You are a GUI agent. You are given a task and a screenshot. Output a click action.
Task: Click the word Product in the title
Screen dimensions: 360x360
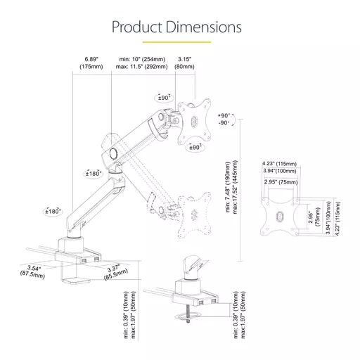tap(137, 27)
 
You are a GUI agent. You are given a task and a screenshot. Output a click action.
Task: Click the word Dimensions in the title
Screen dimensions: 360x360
tap(204, 27)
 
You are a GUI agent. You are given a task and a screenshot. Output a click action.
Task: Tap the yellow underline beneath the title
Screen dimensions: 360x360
tap(176, 42)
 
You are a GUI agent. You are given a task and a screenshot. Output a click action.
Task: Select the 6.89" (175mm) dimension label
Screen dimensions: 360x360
tap(91, 63)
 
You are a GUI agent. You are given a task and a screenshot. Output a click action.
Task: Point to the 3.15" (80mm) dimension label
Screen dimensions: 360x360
tap(184, 63)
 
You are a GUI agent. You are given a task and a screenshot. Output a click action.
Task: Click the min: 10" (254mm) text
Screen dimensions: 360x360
tap(142, 59)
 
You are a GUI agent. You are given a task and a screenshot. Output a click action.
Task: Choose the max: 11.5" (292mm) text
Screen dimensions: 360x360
tap(142, 67)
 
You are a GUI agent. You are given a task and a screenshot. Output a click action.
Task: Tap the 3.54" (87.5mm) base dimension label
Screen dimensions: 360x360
tap(33, 271)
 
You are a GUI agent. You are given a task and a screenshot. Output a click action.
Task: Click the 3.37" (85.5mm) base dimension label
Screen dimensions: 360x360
tap(115, 272)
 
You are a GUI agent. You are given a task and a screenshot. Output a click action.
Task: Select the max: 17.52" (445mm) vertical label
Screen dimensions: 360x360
tap(235, 187)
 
